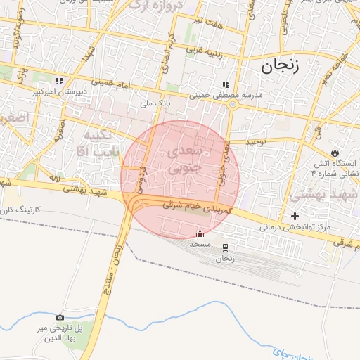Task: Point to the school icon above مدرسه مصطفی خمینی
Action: tap(226, 84)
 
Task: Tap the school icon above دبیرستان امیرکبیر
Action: tap(60, 81)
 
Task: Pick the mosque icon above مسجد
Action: tap(200, 233)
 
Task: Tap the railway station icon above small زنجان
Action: tap(225, 247)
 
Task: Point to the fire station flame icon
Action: tap(335, 153)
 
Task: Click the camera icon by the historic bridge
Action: tap(59, 318)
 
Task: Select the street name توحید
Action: tap(259, 141)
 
